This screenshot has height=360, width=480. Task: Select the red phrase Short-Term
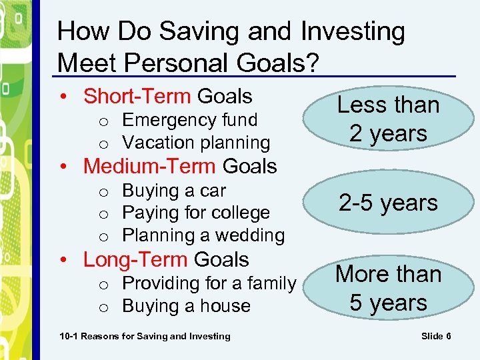point(137,96)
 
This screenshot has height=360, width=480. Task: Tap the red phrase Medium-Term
point(149,165)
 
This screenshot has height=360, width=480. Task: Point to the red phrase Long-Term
point(135,259)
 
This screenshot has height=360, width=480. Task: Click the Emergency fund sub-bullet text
point(189,120)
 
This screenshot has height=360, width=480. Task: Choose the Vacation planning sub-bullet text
point(196,143)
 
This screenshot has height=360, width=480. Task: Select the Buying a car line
point(174,191)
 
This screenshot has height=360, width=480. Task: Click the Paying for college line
point(196,213)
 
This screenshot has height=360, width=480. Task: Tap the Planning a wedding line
point(203,235)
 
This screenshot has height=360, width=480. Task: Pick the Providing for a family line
point(209,283)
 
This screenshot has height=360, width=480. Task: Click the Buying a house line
point(186,306)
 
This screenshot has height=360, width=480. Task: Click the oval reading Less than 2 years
point(388,119)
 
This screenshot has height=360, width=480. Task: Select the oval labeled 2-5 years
point(388,203)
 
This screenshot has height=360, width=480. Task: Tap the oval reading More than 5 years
point(388,288)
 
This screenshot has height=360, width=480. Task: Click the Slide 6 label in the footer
point(436,336)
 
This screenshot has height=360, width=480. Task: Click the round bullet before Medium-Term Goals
point(71,166)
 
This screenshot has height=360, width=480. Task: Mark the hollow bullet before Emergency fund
point(103,121)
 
